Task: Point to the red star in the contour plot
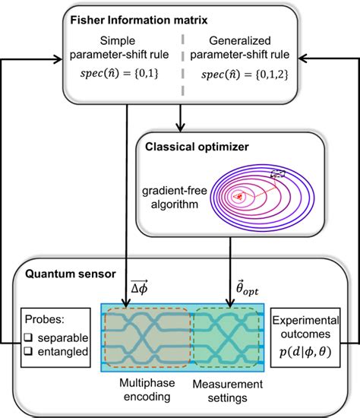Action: pos(242,196)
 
